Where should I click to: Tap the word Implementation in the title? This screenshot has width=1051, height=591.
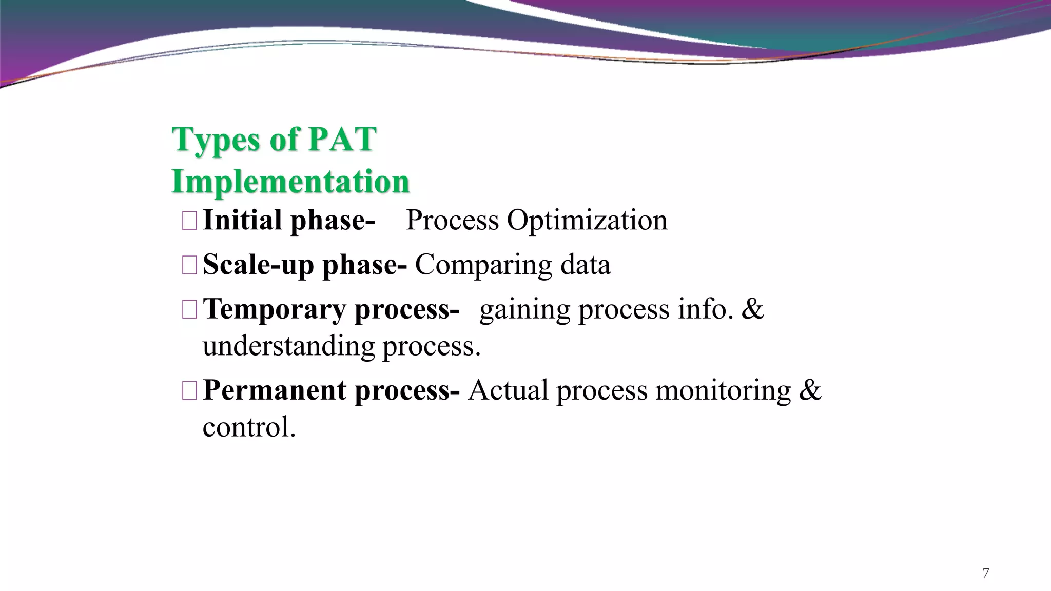(x=290, y=181)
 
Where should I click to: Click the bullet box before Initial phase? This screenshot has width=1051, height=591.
(x=189, y=221)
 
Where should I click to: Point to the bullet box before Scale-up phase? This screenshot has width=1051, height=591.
(x=189, y=265)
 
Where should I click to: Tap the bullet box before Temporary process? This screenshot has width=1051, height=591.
(x=189, y=310)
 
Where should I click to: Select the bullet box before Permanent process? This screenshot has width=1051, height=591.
(x=189, y=391)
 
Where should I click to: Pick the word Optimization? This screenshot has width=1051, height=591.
(x=587, y=221)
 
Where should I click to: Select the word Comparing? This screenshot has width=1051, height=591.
(x=482, y=266)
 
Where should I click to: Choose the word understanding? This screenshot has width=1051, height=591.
(x=288, y=346)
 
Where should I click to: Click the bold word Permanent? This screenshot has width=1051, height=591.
(x=275, y=390)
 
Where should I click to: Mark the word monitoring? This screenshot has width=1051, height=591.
(x=723, y=391)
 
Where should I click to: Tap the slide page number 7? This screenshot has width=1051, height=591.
(x=985, y=573)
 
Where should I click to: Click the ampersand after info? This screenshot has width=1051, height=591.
(x=752, y=309)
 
